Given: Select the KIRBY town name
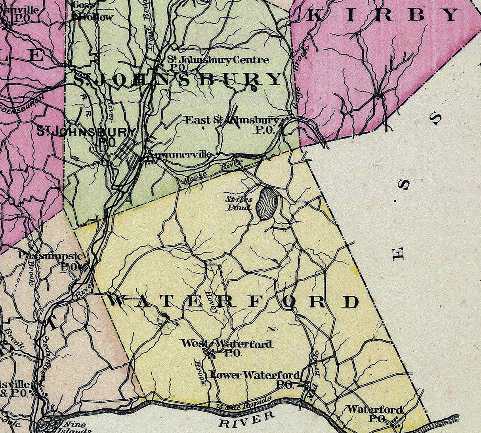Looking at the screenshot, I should click(383, 15).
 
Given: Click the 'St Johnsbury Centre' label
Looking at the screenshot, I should click(218, 60).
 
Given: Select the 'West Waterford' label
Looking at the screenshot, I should click(227, 344).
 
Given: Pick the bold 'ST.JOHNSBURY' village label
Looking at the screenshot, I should click(86, 132).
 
